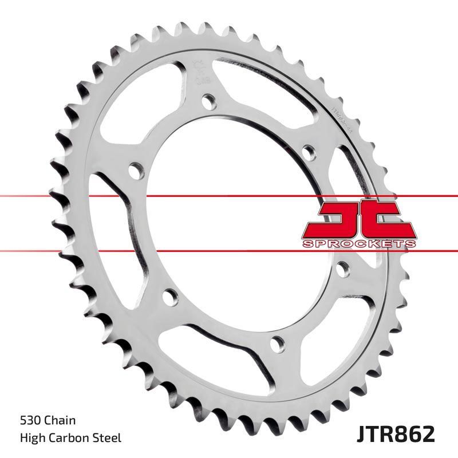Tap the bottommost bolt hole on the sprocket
(278, 343)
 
